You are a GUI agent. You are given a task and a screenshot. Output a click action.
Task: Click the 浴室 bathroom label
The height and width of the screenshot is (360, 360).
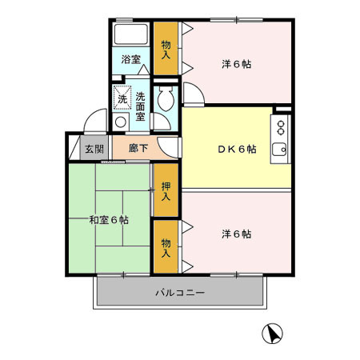coord(130,60)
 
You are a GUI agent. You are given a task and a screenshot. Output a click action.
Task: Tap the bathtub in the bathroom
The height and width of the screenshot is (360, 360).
coord(130,37)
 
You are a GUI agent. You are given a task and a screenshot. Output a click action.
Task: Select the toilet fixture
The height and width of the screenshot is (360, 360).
coord(167,101)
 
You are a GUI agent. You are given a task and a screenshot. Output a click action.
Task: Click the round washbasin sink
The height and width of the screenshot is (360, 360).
coord(120,122)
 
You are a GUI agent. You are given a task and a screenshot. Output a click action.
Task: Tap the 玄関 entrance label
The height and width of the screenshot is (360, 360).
coord(94,148)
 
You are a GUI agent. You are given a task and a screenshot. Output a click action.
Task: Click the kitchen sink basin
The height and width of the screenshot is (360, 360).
coord(279,149)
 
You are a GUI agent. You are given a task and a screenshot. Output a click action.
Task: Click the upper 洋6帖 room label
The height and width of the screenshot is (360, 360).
coord(236,64)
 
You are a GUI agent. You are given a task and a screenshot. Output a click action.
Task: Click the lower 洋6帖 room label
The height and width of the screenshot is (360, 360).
coord(236,234)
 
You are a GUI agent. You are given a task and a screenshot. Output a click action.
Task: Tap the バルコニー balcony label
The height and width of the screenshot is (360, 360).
coord(180,293)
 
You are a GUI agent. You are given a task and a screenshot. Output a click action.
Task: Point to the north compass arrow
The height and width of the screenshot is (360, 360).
coord(273,333)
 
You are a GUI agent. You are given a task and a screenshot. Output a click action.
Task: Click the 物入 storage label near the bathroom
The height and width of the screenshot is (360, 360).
coord(166,50)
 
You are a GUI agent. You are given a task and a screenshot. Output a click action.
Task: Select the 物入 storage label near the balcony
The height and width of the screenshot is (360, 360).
coord(166,247)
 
